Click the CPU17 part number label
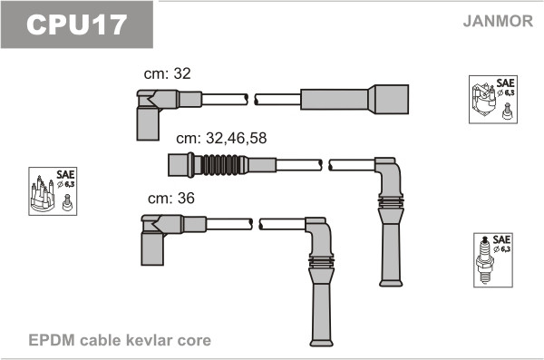pos(76,24)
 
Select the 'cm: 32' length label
pos(168,73)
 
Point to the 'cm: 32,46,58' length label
pos(221,140)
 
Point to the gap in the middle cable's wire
pos(325,164)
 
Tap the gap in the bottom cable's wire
pos(256,223)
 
